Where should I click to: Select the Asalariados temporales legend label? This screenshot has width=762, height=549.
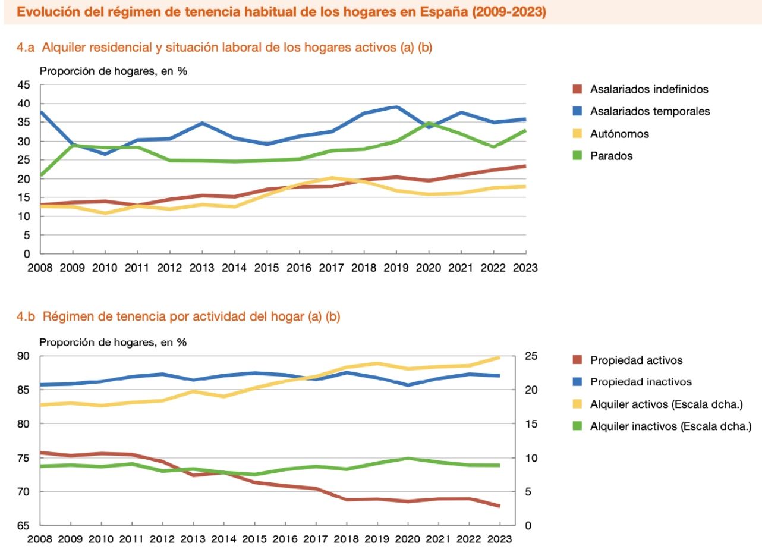tap(650, 111)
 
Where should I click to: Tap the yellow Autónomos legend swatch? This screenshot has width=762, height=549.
tap(575, 134)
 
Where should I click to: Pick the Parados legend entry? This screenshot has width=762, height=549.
tap(611, 156)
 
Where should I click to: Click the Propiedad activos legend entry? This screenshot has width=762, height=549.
tap(636, 360)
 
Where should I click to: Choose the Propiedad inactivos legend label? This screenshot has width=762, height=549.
tap(641, 382)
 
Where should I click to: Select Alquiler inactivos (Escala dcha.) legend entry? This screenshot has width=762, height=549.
tap(670, 426)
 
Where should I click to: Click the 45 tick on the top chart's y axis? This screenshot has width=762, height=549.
tap(23, 85)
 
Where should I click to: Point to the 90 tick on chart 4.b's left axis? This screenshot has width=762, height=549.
tap(23, 356)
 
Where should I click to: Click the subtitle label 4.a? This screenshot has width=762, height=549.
tap(27, 48)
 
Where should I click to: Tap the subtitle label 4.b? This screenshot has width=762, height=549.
tap(27, 317)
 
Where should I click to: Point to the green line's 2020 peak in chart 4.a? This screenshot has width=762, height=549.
tap(429, 123)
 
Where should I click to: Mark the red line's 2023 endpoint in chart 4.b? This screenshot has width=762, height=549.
tap(499, 506)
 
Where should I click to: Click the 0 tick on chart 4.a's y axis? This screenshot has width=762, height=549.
tap(27, 254)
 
